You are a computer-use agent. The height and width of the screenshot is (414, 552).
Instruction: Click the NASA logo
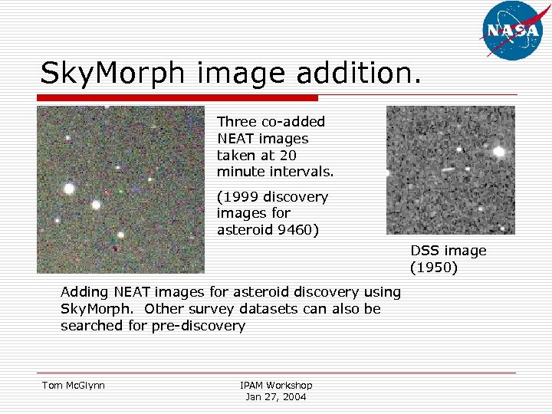click(x=512, y=30)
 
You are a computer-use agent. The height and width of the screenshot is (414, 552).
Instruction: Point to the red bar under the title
click(x=179, y=98)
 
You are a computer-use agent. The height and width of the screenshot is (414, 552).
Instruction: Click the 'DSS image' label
click(x=449, y=251)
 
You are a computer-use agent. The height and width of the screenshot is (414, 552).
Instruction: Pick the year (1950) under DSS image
click(x=434, y=268)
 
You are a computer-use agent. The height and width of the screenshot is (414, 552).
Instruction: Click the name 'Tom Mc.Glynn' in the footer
click(x=73, y=385)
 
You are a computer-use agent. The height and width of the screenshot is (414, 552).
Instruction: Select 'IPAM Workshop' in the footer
click(x=276, y=385)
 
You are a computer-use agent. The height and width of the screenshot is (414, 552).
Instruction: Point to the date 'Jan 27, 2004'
click(x=276, y=396)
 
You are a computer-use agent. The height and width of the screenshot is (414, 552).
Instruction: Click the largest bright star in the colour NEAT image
click(x=69, y=188)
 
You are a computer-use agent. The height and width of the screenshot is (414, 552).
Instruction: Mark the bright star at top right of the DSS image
click(x=499, y=151)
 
